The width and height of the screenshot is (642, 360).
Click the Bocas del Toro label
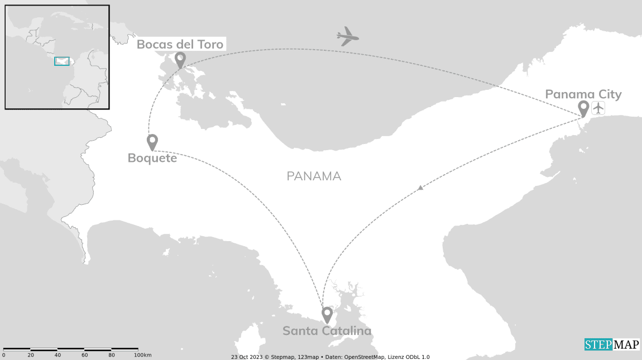pyautogui.click(x=180, y=44)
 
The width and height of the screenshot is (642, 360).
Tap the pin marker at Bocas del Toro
pyautogui.click(x=180, y=59)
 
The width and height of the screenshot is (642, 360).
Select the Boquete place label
pyautogui.click(x=152, y=158)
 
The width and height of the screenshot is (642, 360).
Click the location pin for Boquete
pyautogui.click(x=152, y=141)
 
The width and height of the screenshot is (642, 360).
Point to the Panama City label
pyautogui.click(x=583, y=94)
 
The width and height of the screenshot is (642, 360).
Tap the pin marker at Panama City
pyautogui.click(x=583, y=108)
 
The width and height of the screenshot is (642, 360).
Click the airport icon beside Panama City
pyautogui.click(x=598, y=108)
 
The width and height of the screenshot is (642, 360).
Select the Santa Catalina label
pyautogui.click(x=327, y=331)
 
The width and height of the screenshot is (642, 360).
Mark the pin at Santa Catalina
pyautogui.click(x=327, y=314)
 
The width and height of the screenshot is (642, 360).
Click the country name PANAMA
pyautogui.click(x=314, y=176)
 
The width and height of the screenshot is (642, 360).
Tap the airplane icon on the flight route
pyautogui.click(x=347, y=37)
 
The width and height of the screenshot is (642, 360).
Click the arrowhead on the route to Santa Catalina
pyautogui.click(x=420, y=188)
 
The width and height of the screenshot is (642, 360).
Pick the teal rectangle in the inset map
pyautogui.click(x=62, y=61)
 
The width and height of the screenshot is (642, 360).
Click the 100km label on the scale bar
pyautogui.click(x=143, y=356)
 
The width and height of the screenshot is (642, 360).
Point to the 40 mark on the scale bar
pyautogui.click(x=58, y=356)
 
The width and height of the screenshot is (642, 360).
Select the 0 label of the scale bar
pyautogui.click(x=3, y=356)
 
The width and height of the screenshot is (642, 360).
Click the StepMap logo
pyautogui.click(x=611, y=344)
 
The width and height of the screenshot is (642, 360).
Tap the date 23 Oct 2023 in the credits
pyautogui.click(x=246, y=357)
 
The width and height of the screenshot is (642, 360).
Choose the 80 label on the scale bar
pyautogui.click(x=112, y=356)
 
